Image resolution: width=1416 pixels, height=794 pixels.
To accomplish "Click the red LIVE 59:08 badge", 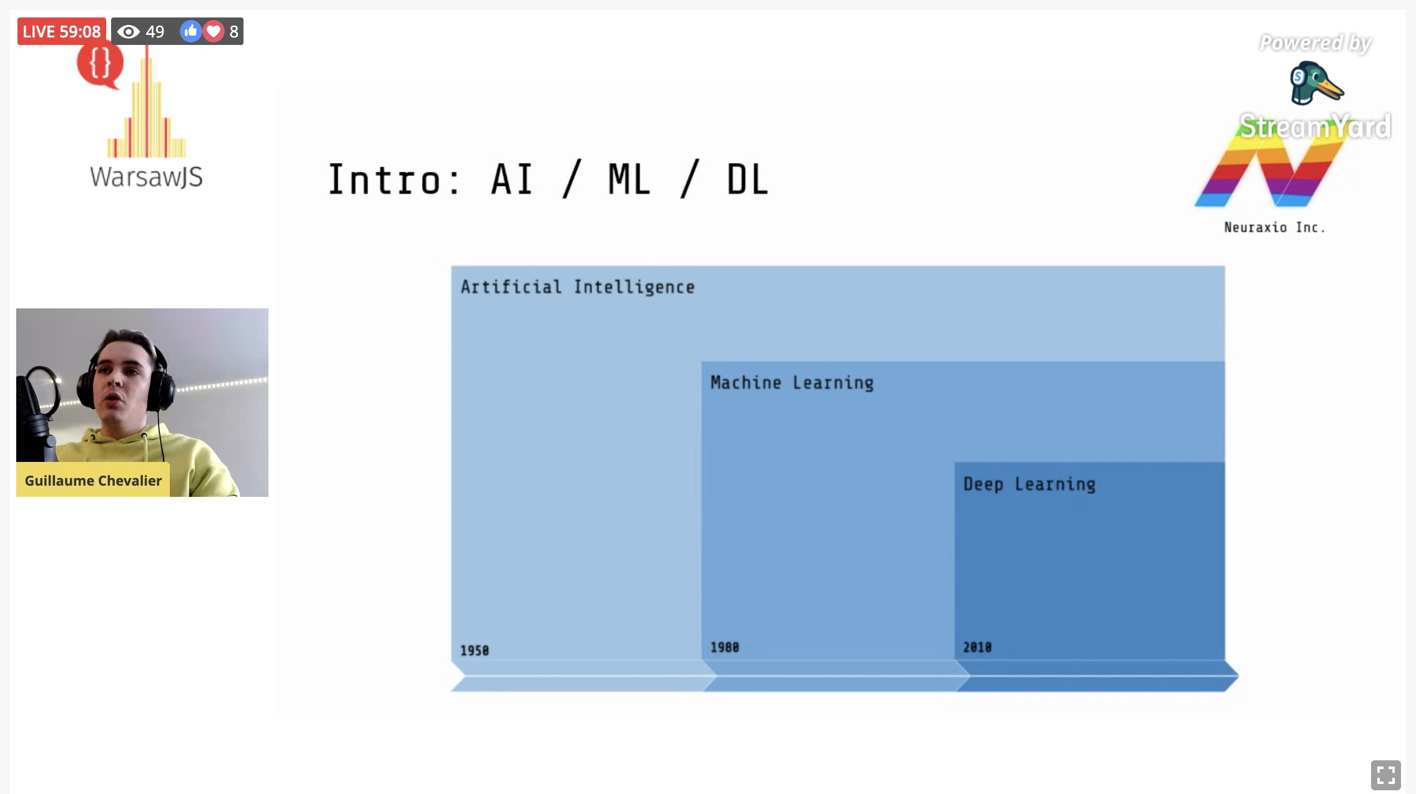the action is click(61, 31).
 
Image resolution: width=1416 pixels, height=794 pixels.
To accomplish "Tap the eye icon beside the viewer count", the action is click(129, 31).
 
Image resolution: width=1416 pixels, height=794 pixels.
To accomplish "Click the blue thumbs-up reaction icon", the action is click(190, 31).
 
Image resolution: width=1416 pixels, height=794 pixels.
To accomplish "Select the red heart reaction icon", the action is click(214, 31).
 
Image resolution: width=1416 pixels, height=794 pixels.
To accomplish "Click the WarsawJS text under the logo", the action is click(146, 177).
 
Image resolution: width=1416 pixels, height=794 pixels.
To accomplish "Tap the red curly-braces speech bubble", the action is click(100, 64).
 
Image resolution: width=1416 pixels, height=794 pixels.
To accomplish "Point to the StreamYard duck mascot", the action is click(1315, 83).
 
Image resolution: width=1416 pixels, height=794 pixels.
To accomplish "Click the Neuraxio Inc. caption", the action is click(1274, 227).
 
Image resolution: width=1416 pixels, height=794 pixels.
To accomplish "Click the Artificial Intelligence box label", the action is click(578, 287).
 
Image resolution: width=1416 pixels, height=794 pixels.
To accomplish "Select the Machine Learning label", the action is click(792, 383).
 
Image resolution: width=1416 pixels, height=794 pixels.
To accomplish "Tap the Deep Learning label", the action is click(1029, 484).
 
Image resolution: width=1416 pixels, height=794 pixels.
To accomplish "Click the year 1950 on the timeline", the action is click(474, 650).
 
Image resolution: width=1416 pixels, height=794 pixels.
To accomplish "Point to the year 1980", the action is click(724, 647).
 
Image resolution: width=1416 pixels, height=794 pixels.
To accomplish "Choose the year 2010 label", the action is click(977, 647).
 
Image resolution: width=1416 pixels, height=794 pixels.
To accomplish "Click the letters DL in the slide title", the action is click(747, 180).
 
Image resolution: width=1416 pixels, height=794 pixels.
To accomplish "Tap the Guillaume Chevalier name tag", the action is click(93, 480).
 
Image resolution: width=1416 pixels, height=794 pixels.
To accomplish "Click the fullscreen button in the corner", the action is click(1385, 775).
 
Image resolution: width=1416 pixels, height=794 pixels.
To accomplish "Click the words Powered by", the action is click(1315, 43).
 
